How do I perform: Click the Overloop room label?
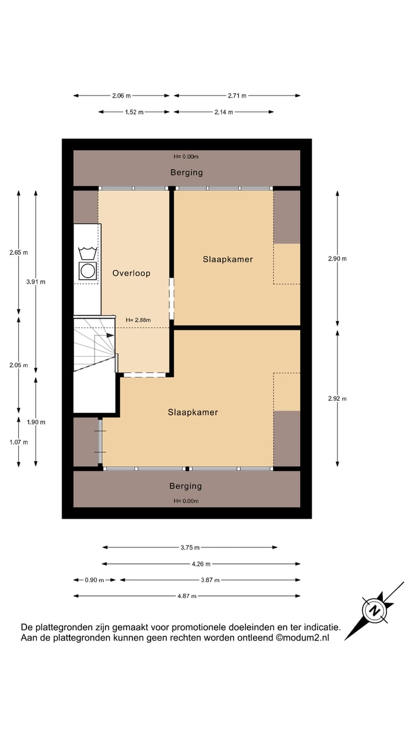tap(131, 273)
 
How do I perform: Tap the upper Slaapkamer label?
tap(228, 259)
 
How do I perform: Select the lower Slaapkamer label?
tap(193, 412)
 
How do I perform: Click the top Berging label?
tap(186, 172)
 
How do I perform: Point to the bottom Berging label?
tap(185, 486)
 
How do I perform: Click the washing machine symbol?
tap(88, 270)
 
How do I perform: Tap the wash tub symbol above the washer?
tap(88, 252)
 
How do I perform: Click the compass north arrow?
tap(374, 609)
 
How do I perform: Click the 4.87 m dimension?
tap(187, 596)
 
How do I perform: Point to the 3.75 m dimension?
tap(190, 548)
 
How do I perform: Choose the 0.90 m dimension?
tap(94, 580)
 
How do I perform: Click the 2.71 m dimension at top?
tap(236, 96)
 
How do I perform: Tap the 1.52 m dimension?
tap(134, 112)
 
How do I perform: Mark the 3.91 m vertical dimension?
tap(36, 282)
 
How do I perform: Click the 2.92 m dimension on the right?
tap(337, 398)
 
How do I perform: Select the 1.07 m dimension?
tap(18, 442)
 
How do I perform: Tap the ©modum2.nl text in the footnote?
tap(302, 638)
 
